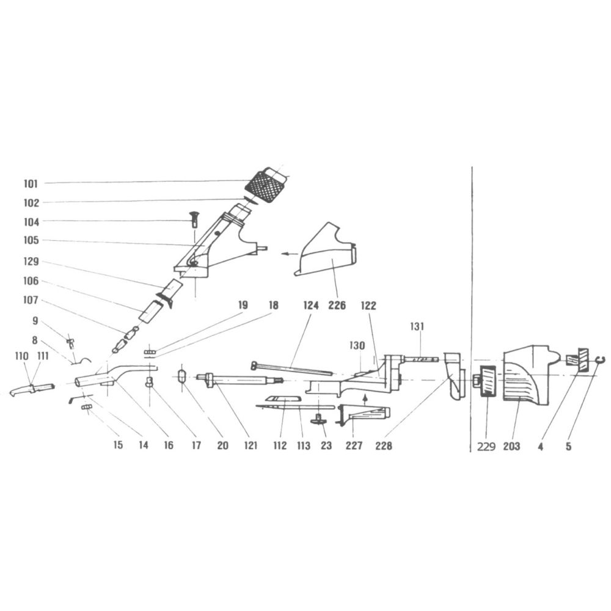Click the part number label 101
click(31, 183)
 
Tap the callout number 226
click(337, 305)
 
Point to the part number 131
click(417, 326)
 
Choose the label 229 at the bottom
click(486, 446)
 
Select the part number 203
click(511, 446)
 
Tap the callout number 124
click(311, 305)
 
